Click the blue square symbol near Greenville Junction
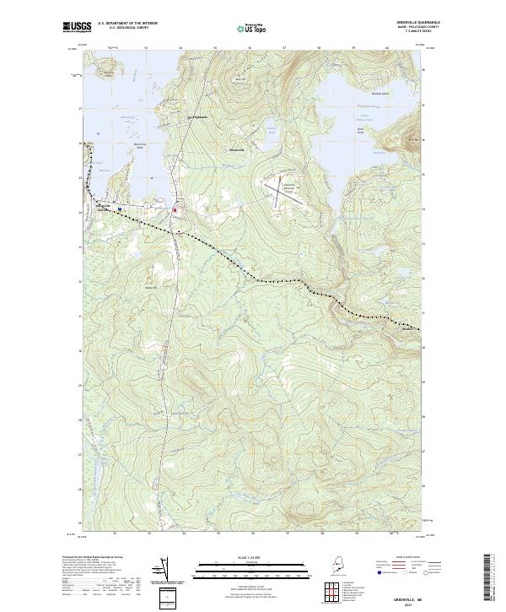pos(120,209)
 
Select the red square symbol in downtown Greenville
pos(175,209)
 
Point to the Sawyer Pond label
pos(272,130)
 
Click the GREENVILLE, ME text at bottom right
pos(417,594)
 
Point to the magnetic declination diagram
pos(160,570)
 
